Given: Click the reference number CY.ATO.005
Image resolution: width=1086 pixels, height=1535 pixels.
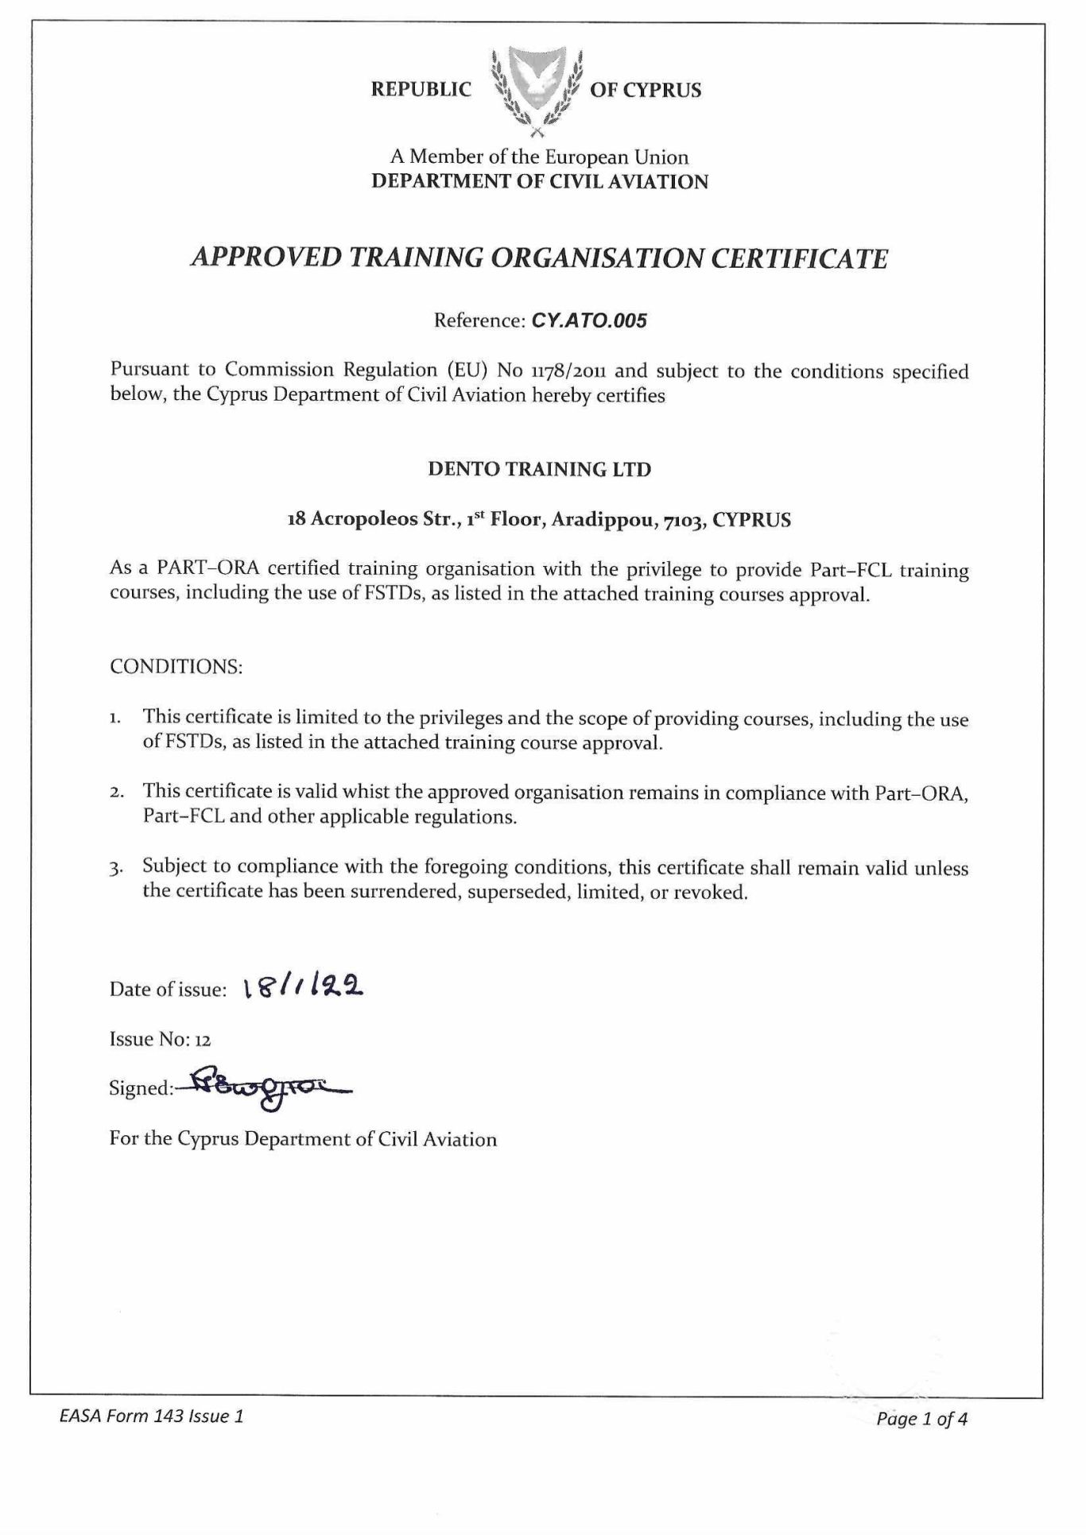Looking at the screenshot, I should tap(589, 320).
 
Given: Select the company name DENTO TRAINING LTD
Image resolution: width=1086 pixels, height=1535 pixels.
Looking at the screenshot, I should tap(539, 469).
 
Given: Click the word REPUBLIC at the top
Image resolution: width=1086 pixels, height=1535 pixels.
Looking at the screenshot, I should tap(421, 90).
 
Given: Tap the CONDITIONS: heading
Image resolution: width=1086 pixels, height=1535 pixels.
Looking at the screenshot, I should tap(176, 666).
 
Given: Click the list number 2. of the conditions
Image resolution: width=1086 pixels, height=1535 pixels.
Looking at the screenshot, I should tap(116, 793).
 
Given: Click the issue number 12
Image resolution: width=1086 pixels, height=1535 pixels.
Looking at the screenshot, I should tap(202, 1039).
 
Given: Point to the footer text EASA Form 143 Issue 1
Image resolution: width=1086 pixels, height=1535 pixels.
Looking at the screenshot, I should tap(151, 1416).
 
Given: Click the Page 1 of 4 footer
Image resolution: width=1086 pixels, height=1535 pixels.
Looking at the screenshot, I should tap(921, 1419).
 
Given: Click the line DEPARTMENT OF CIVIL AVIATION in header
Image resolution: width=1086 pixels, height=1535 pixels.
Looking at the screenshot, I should tap(540, 181).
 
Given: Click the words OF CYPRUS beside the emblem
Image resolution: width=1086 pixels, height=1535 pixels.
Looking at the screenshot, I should tap(646, 90).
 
